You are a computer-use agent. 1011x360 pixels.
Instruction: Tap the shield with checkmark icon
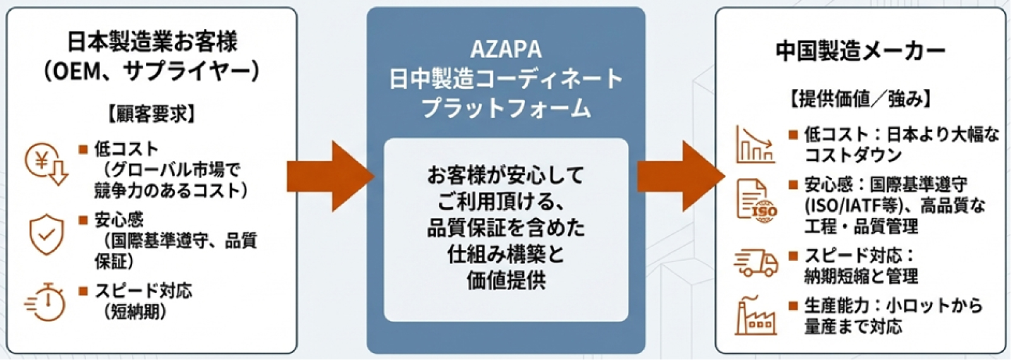coord(47,234)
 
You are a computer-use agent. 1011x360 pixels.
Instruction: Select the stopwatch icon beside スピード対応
coord(45,303)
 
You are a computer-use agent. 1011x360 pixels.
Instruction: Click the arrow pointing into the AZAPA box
coord(330,176)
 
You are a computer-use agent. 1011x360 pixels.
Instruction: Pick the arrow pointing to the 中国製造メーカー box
coord(681,176)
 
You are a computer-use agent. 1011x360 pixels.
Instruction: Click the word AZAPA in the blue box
coord(506,49)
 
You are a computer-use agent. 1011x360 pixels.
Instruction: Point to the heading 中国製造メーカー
coord(861,51)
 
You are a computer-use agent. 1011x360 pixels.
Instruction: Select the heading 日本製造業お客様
coord(152,42)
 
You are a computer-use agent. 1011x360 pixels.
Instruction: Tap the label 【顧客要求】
coord(152,114)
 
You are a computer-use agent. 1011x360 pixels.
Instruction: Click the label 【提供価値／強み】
coord(861,99)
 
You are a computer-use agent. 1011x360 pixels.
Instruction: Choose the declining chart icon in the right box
coord(755,145)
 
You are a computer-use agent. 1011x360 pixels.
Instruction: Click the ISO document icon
coord(756,200)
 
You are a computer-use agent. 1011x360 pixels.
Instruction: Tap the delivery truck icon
coord(756,262)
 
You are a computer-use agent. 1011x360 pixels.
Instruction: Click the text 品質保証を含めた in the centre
coord(506,227)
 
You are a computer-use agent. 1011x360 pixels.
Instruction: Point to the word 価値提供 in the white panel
coord(506,280)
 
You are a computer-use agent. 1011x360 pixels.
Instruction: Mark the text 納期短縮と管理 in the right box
coord(861,276)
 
